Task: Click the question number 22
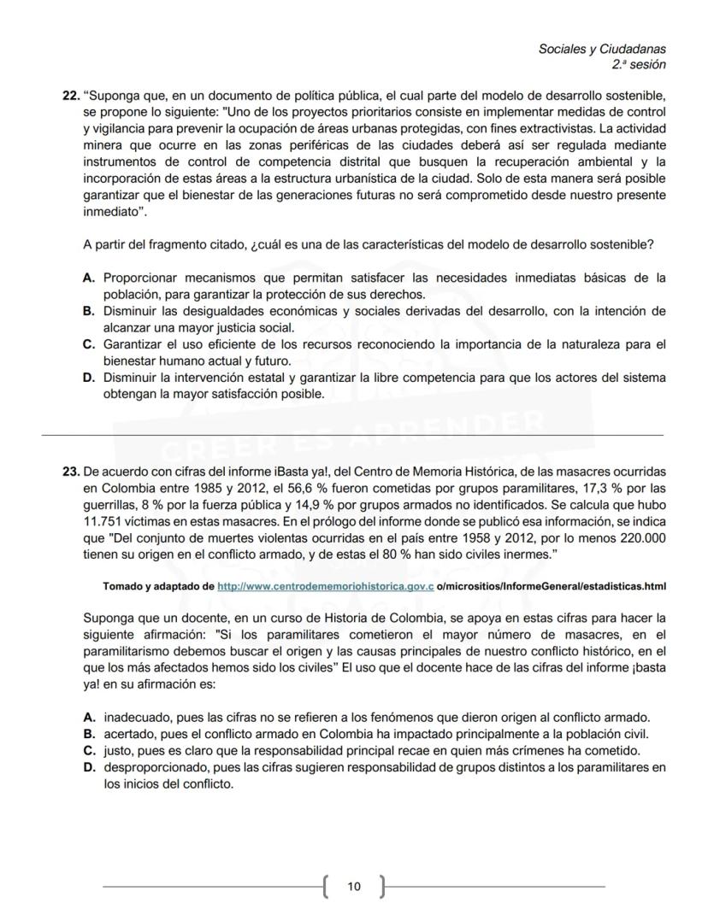click(71, 96)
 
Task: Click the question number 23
click(71, 472)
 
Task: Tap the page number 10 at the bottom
click(354, 887)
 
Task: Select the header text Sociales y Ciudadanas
click(602, 50)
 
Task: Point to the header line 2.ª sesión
click(639, 65)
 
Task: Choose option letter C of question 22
click(88, 344)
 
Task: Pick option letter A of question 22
click(88, 278)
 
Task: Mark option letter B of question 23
click(88, 734)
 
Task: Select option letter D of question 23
click(88, 768)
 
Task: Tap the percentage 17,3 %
click(599, 488)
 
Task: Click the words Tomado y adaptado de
click(158, 587)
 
